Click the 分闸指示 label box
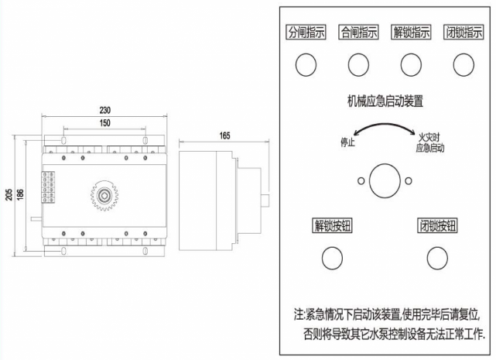(x=306, y=33)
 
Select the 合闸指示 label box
(x=358, y=33)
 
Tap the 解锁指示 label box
(x=412, y=33)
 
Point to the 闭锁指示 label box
(x=464, y=33)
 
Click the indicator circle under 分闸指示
(x=306, y=64)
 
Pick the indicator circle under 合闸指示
(x=358, y=64)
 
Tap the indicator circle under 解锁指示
(x=411, y=64)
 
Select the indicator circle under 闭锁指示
(x=464, y=64)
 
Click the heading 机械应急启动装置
(x=385, y=101)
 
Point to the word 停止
(x=348, y=142)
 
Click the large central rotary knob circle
(x=385, y=180)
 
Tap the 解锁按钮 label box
(x=332, y=226)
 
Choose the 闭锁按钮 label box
(x=438, y=226)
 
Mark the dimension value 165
(x=224, y=135)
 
